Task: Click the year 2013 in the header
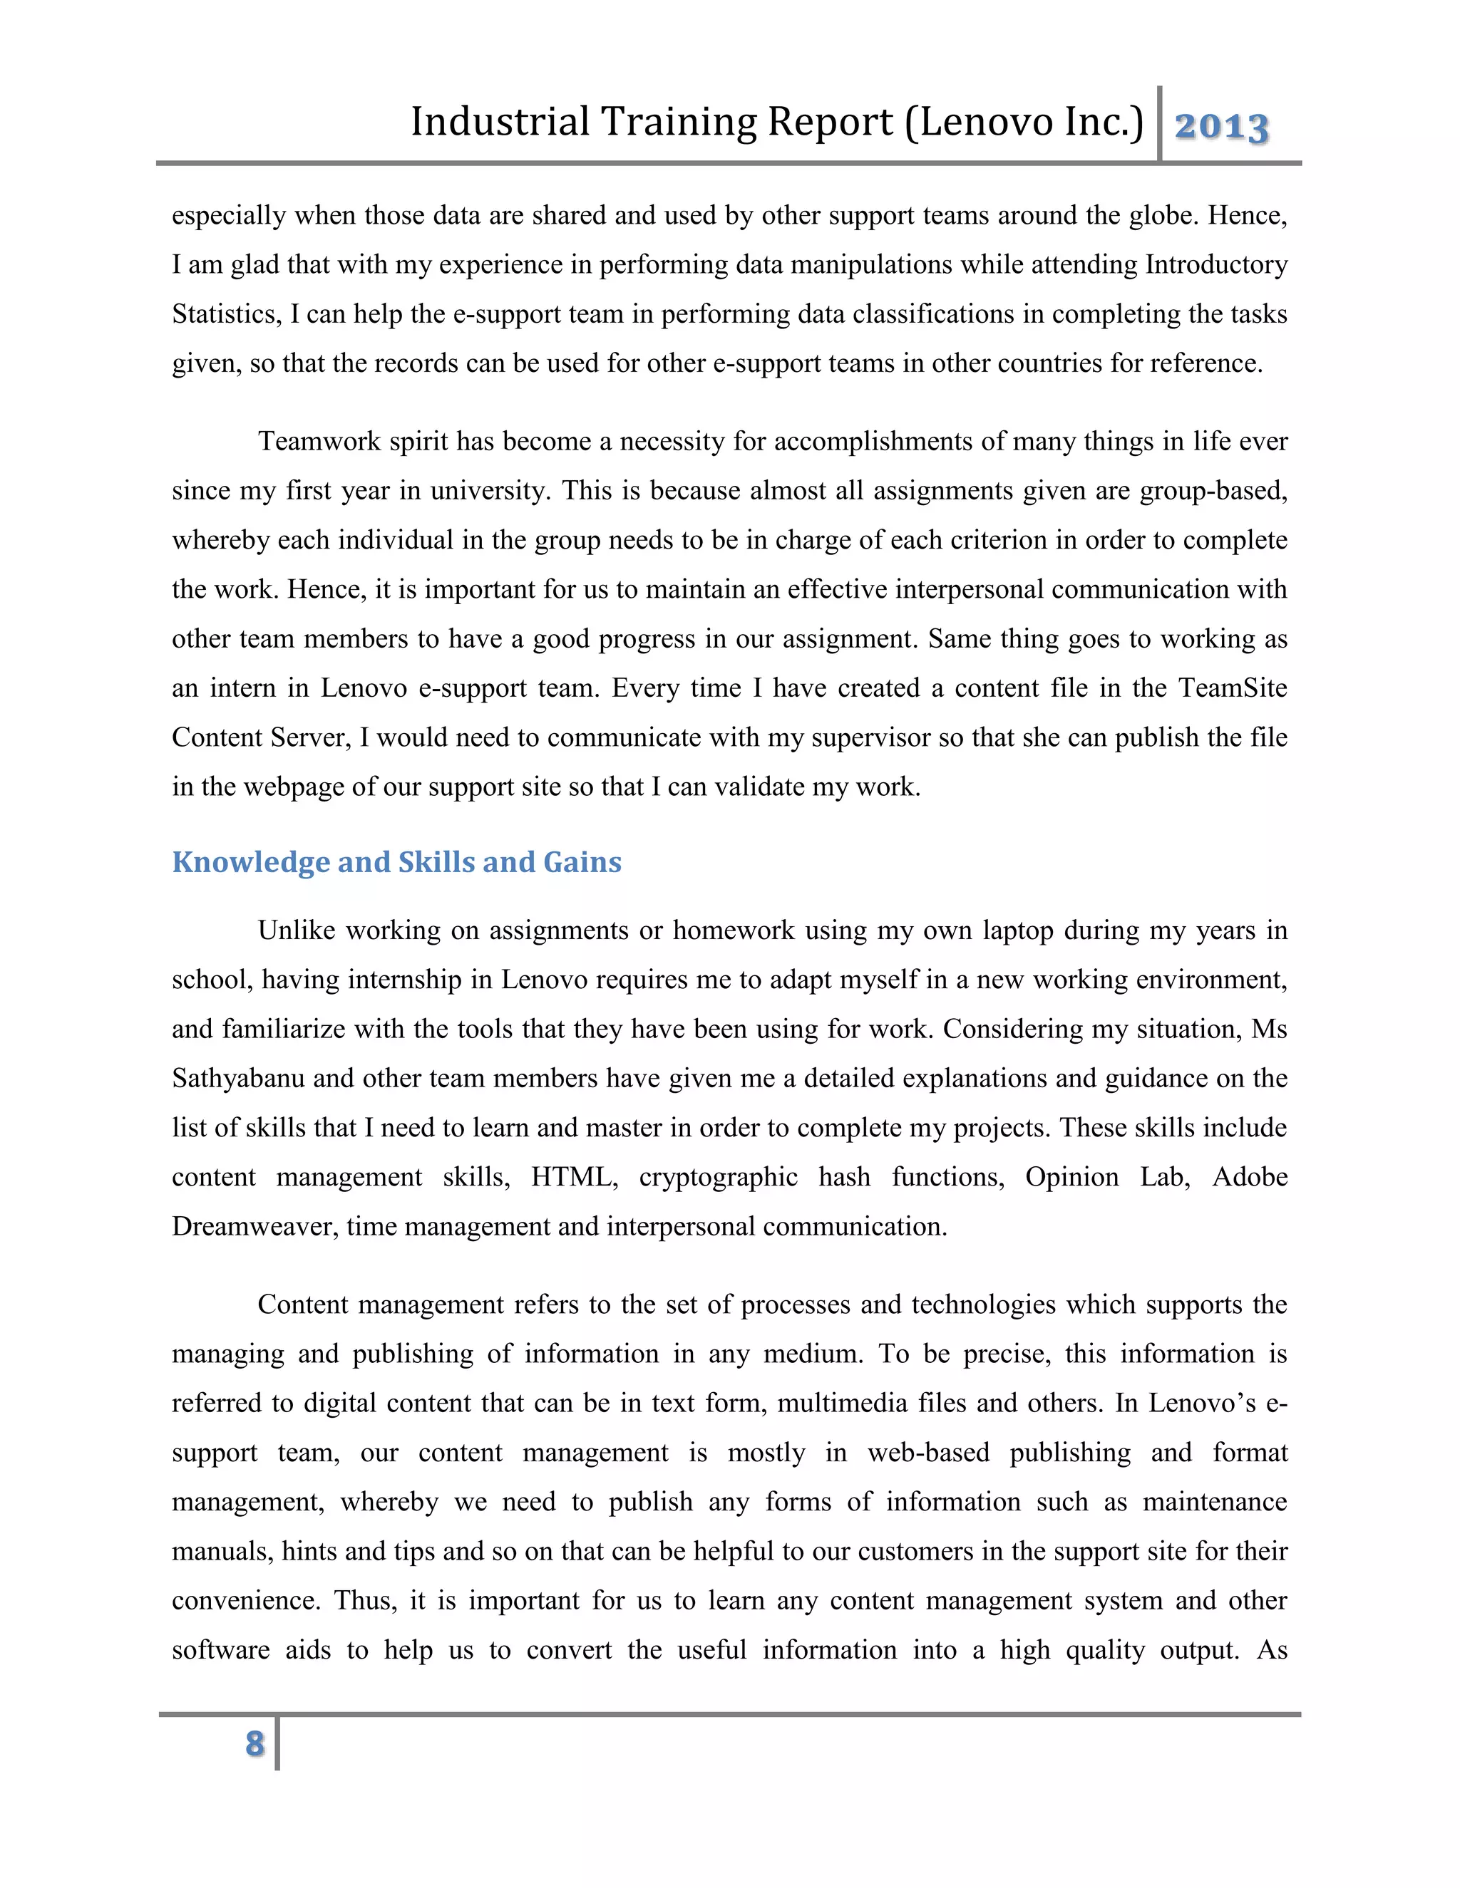(1221, 127)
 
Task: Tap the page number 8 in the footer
(255, 1743)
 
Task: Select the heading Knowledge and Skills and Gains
(396, 862)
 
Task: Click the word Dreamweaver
(255, 1226)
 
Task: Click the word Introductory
(1217, 264)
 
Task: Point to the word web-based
(928, 1451)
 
